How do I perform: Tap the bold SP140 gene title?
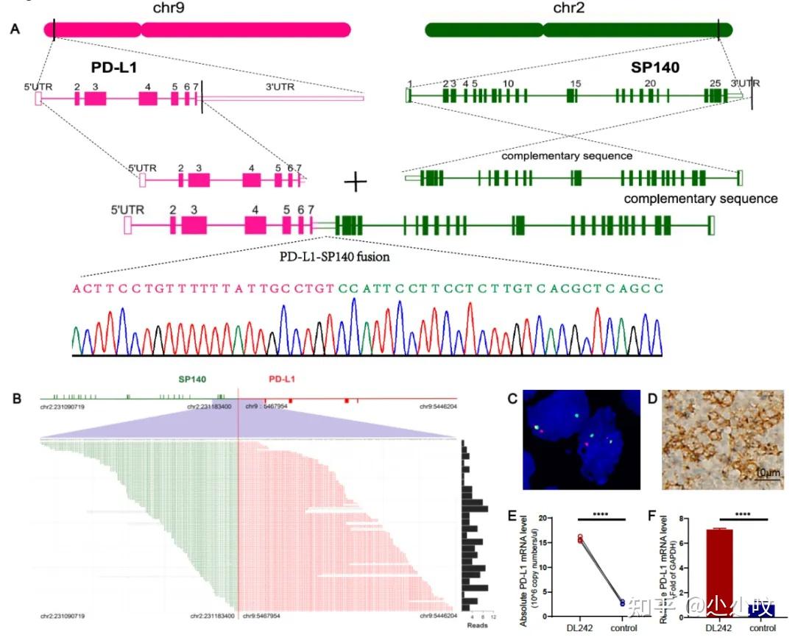(655, 67)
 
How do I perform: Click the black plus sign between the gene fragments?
(356, 182)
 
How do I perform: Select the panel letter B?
(16, 398)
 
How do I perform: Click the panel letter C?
(514, 398)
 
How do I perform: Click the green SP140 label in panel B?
(191, 379)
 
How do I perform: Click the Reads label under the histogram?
(477, 626)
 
